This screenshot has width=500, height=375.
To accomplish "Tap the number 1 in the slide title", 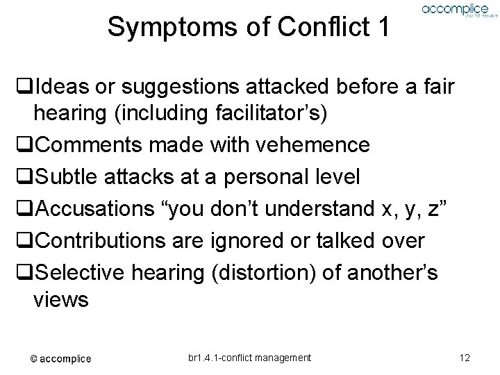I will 381,27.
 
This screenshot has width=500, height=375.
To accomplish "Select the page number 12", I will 465,358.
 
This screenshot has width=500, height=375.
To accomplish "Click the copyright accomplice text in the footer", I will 60,358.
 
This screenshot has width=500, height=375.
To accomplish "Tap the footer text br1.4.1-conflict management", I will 249,358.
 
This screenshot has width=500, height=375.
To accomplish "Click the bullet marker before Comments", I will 27,146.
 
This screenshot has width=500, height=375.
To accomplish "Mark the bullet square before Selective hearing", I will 27,272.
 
